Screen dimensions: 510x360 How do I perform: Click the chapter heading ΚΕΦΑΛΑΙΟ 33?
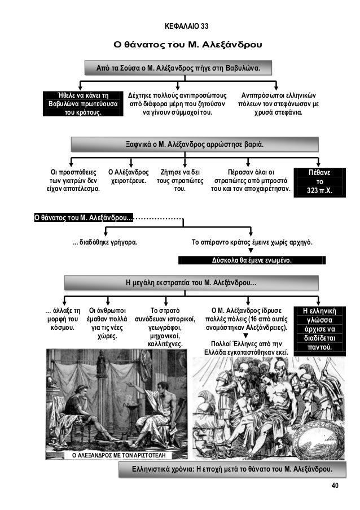(x=186, y=27)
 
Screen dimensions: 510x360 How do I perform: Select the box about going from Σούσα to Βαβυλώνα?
(x=178, y=68)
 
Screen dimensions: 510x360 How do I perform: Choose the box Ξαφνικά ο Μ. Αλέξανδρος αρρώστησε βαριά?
(x=194, y=144)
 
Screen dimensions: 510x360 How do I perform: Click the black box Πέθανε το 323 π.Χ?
(x=319, y=180)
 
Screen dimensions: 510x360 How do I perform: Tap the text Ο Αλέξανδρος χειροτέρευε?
(x=129, y=176)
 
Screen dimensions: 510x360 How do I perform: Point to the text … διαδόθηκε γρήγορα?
(x=106, y=243)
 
